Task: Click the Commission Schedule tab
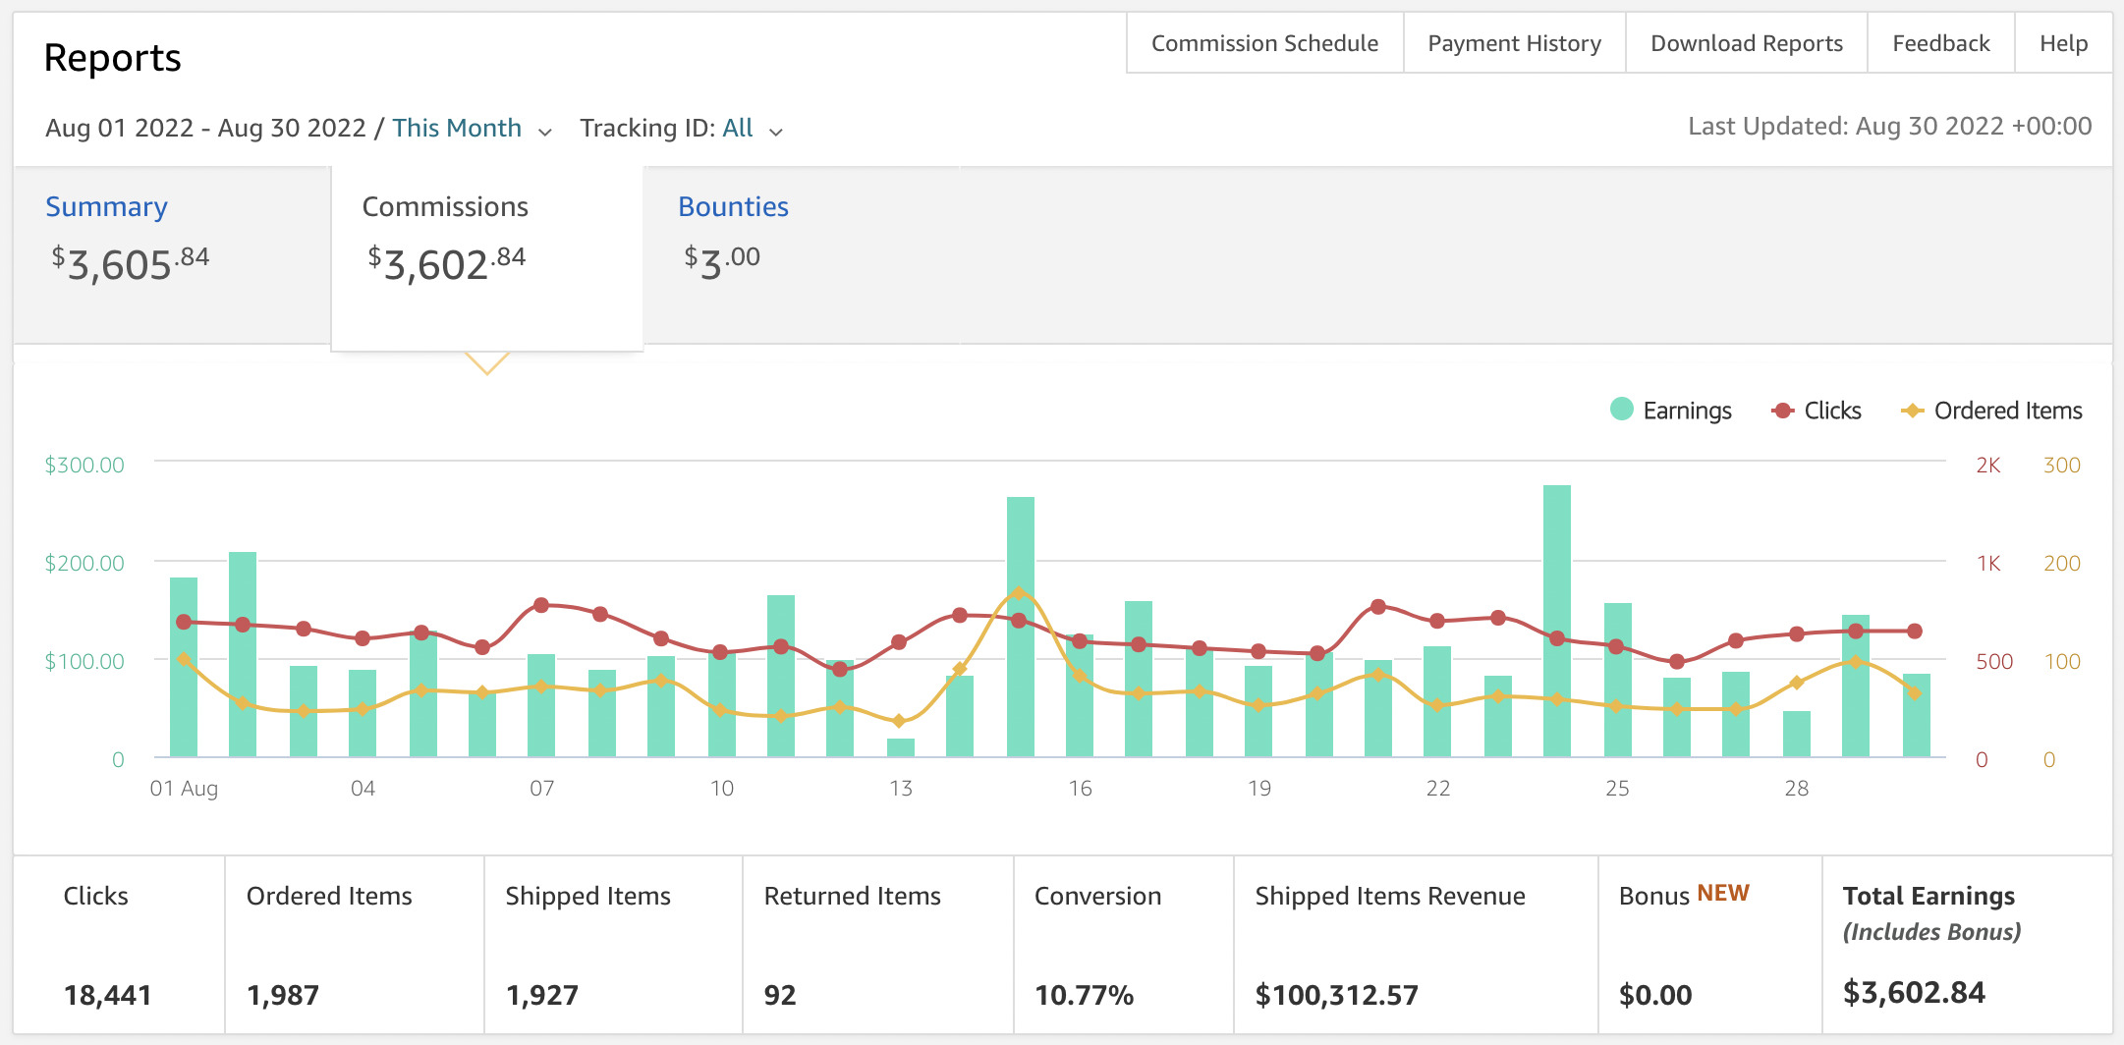click(1264, 43)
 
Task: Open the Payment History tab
click(1514, 43)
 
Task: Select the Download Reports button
click(1746, 43)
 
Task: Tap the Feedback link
click(1940, 43)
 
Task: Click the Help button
click(2063, 43)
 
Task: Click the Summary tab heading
click(106, 206)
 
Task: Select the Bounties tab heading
click(733, 206)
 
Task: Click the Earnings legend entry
click(1671, 411)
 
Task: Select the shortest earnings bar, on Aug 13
click(901, 747)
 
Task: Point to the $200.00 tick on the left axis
click(84, 563)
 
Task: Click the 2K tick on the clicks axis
click(1988, 466)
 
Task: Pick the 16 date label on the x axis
click(1080, 789)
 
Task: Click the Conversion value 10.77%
click(1084, 995)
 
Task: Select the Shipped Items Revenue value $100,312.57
click(1336, 995)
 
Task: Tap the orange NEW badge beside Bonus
click(1723, 893)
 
